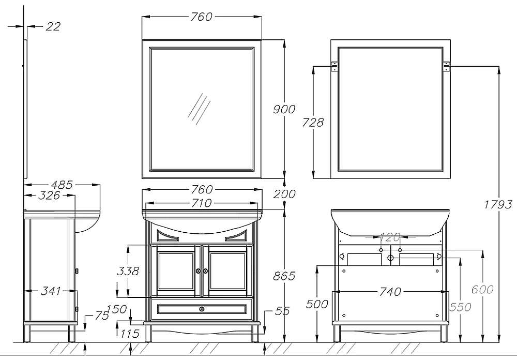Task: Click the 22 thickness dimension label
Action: coord(53,26)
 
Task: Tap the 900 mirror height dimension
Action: coord(284,109)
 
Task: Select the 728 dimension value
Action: coord(313,123)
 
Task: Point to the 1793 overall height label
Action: coord(498,205)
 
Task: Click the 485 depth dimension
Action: coord(62,185)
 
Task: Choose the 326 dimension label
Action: coord(49,196)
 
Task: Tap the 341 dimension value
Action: coord(51,291)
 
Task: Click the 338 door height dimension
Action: coord(128,271)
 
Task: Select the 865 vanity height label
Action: coord(284,276)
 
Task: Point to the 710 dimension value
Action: coord(202,203)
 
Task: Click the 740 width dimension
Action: coord(390,292)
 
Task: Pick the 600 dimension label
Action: coord(482,289)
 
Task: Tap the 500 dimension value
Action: coord(317,304)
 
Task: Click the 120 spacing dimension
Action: coord(390,236)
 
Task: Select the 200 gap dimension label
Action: coord(284,194)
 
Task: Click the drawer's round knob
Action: coord(202,309)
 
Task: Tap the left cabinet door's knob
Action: coord(198,271)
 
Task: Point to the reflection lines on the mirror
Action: coord(199,109)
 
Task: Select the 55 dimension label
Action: coord(282,311)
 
